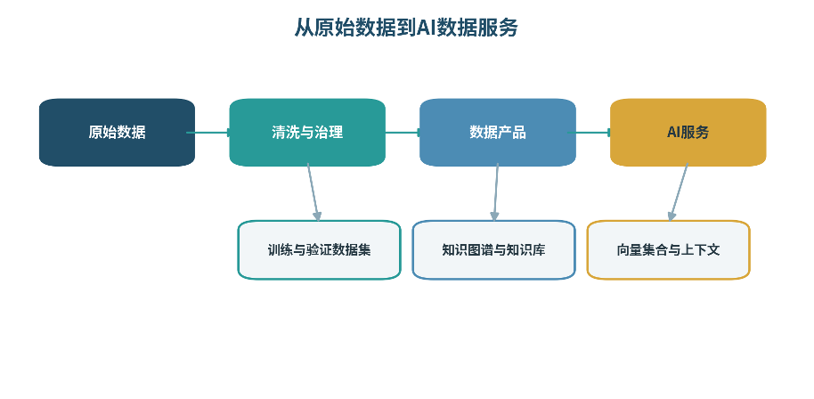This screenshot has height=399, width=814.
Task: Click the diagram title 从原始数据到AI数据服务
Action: point(406,28)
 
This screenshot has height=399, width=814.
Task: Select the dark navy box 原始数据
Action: point(117,133)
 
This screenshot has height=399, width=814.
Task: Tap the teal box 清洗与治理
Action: point(307,133)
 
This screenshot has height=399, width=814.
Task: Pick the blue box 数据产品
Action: point(498,133)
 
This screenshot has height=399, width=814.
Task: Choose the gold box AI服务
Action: point(688,133)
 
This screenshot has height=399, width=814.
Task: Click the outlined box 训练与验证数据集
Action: point(319,250)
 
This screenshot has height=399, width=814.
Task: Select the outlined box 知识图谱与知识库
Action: point(493,250)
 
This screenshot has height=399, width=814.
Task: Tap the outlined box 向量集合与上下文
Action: point(669,250)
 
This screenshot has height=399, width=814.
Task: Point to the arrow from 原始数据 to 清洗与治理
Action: point(209,133)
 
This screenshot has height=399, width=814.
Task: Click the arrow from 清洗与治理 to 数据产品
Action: point(404,133)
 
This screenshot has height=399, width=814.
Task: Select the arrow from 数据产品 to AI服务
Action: point(590,133)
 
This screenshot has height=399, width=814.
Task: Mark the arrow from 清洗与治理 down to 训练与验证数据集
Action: point(313,192)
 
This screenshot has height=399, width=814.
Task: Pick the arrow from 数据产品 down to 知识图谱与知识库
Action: point(496,192)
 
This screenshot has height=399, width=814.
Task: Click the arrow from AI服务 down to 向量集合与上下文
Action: point(679,192)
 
